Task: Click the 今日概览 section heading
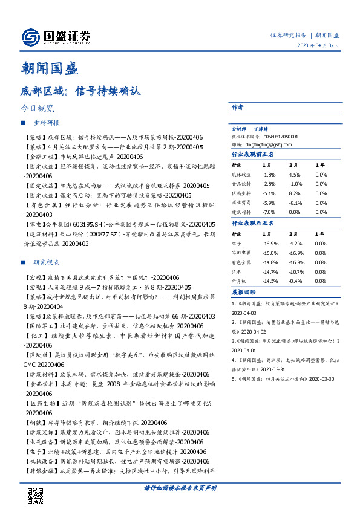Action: pos(38,109)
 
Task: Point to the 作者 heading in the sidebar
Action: pos(237,107)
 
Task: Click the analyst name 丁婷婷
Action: pos(261,129)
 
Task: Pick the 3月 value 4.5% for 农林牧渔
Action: pos(294,175)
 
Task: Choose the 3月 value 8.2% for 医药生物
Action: pos(294,193)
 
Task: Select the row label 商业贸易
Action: pos(242,203)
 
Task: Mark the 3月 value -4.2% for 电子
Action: pos(295,244)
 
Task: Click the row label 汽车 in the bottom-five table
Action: pos(238,272)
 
